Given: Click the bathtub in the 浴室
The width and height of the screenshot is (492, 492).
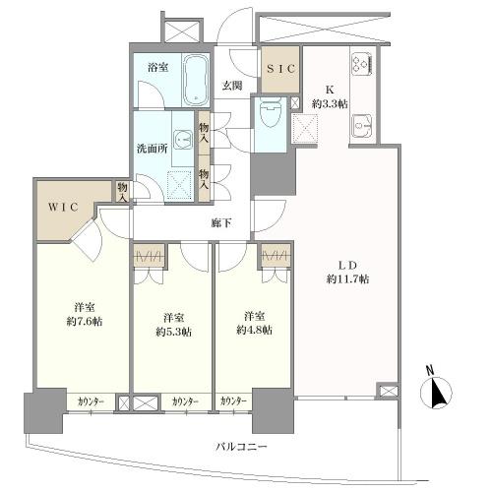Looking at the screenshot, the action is point(196,80).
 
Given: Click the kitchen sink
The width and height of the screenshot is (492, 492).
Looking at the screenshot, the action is point(362,126).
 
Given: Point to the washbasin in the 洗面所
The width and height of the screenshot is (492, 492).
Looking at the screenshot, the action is point(182,141).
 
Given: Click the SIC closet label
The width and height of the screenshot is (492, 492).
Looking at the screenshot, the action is point(280,69).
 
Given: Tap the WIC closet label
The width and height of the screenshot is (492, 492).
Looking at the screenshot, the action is point(64,208).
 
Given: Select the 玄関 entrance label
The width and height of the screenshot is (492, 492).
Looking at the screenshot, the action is point(232,86).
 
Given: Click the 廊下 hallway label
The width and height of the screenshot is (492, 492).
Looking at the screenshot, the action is point(221,223).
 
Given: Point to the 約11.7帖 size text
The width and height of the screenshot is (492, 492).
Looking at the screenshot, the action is point(347,279).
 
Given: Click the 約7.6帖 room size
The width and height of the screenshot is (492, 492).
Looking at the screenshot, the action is point(85,321).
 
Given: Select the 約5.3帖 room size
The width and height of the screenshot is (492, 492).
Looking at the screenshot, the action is point(173,332).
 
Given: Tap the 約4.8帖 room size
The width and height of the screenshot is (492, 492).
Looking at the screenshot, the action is point(254,330).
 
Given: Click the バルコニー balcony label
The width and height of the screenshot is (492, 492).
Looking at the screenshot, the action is point(242,447).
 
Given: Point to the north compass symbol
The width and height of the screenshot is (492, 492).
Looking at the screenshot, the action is point(436,391).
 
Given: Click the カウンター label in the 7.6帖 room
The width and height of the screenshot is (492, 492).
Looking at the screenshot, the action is point(91,401).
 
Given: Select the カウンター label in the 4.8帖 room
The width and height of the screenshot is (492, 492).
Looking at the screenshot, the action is point(233,400).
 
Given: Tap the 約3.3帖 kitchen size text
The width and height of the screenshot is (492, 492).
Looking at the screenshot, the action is point(330,104).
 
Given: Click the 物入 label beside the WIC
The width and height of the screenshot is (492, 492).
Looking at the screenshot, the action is point(122,192).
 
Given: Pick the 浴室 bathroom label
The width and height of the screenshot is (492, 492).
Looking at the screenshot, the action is point(158,68).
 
